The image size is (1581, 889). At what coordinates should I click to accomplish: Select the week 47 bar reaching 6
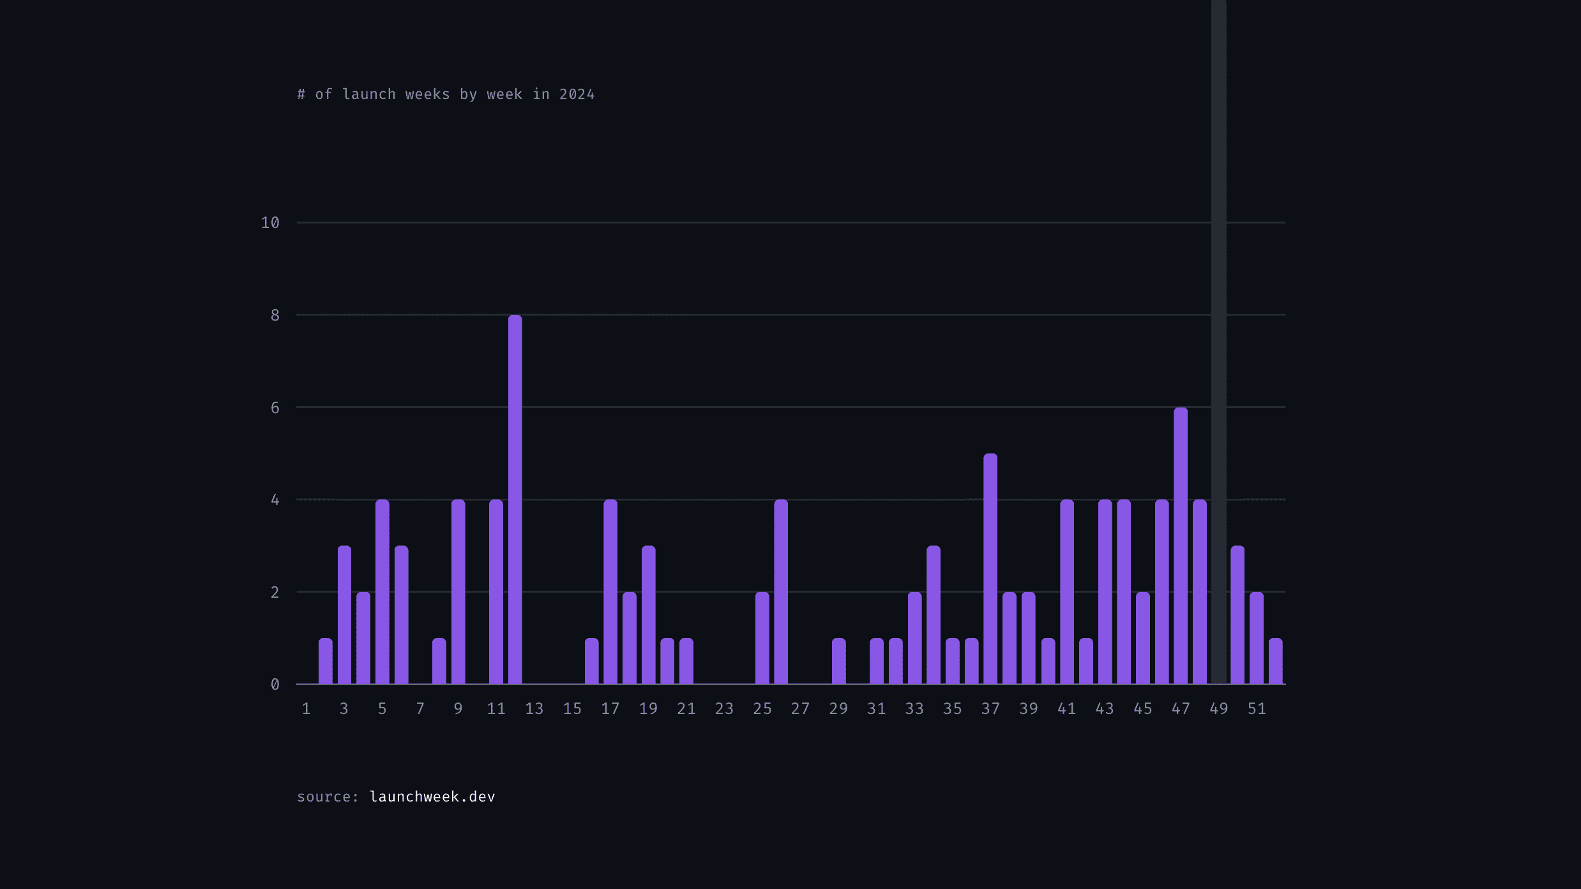[x=1181, y=546]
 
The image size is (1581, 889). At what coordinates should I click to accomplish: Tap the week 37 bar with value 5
[x=990, y=568]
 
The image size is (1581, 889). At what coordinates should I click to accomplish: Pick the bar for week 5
[x=382, y=591]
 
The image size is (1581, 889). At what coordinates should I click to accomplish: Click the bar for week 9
[x=458, y=591]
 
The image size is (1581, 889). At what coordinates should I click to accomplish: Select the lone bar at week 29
[x=838, y=661]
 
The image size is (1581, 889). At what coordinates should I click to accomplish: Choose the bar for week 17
[x=610, y=591]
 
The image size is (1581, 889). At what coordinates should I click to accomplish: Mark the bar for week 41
[x=1067, y=591]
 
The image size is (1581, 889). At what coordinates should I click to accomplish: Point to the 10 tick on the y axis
[x=270, y=223]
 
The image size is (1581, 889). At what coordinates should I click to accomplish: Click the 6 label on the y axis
[x=275, y=407]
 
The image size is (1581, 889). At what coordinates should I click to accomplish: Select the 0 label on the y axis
[x=275, y=685]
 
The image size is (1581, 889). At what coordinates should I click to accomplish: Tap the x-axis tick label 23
[x=724, y=709]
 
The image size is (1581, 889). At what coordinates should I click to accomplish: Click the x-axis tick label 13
[x=534, y=709]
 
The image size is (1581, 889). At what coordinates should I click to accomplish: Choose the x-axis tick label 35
[x=953, y=709]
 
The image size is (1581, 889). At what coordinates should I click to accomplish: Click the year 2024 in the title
[x=577, y=95]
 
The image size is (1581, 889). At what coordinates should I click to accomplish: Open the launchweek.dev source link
[x=432, y=797]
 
